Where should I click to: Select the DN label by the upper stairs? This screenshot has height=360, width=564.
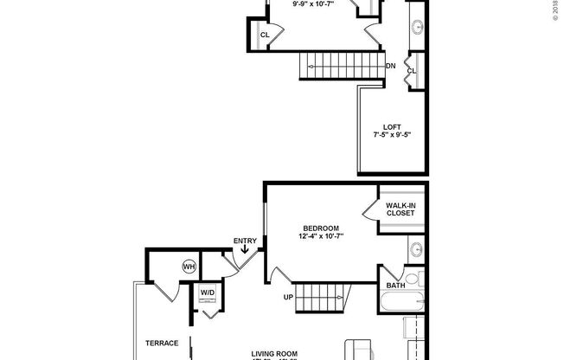coord(391,66)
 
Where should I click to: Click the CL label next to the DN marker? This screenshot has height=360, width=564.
coord(412,71)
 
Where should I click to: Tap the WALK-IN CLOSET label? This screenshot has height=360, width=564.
coord(401,209)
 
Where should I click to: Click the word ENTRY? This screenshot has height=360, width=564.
coord(246,241)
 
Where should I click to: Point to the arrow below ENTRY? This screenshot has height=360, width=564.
coord(246,252)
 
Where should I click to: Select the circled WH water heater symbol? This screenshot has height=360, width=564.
coord(189,267)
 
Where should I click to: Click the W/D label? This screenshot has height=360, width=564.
coord(208,292)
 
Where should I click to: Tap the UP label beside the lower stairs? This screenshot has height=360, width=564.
coord(288,298)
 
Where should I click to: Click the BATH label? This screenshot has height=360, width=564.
coord(396,285)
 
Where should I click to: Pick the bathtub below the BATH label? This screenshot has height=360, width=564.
coord(401,303)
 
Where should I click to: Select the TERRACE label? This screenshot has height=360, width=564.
coord(162,343)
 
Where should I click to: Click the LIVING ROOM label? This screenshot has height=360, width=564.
coord(276,352)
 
